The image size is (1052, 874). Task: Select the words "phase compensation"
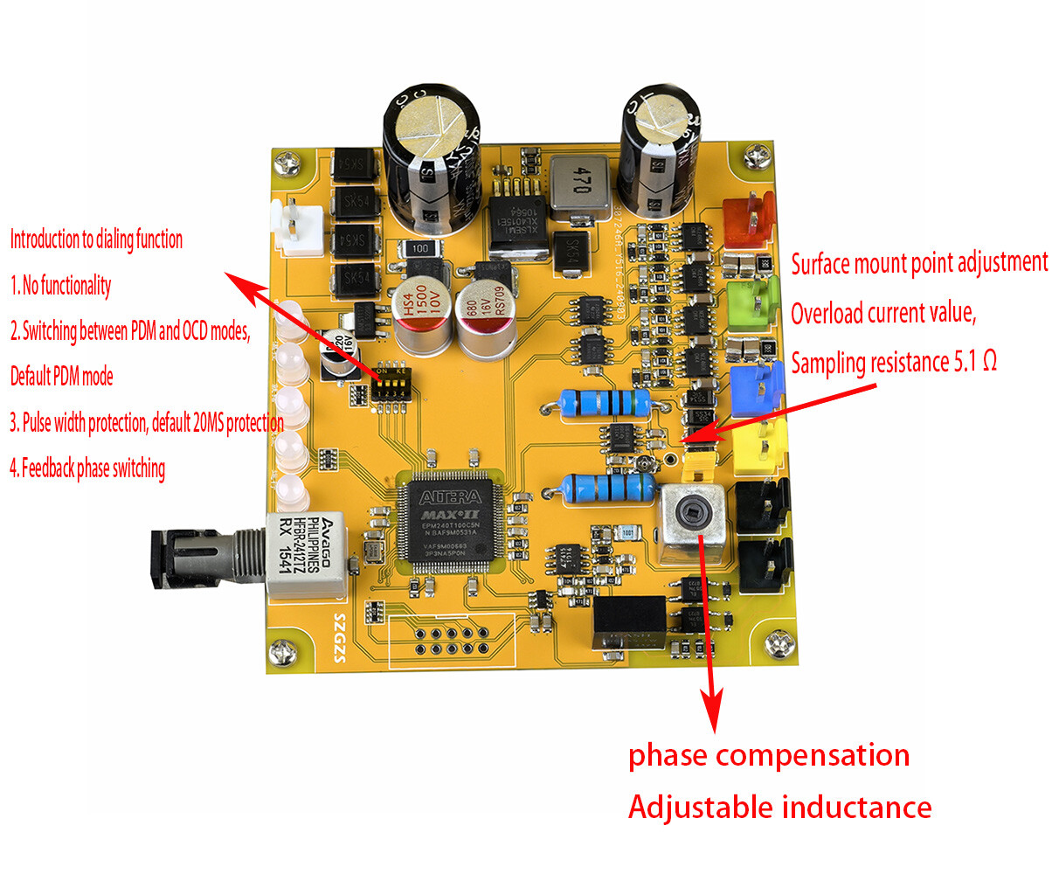(x=769, y=754)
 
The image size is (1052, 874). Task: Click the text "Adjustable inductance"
(x=779, y=807)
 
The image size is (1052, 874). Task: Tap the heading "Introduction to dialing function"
(x=96, y=239)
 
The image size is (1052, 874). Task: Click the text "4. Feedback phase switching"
(x=87, y=468)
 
